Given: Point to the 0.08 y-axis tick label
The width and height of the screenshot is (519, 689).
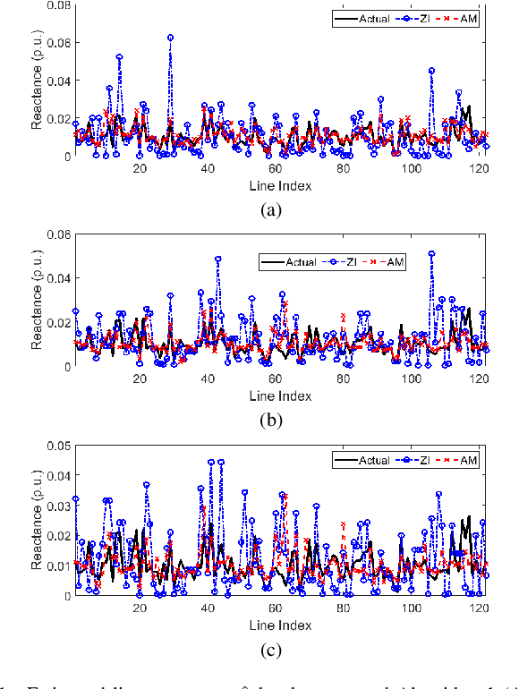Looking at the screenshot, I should pos(56,5).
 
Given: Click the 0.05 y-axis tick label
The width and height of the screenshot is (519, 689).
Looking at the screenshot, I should pos(56,446).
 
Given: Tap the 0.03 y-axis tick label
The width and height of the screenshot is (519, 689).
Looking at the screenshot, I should pos(56,506).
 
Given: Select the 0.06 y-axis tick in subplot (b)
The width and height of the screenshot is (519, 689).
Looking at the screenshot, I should pos(56,234).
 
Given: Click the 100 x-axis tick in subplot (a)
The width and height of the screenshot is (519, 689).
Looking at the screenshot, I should pos(413,168).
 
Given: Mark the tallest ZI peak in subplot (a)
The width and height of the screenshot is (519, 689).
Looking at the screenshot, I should pos(170,38).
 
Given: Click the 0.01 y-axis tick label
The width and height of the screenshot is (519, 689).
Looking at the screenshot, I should pos(56,566).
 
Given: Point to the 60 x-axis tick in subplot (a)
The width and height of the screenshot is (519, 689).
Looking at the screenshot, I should pos(276,168).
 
